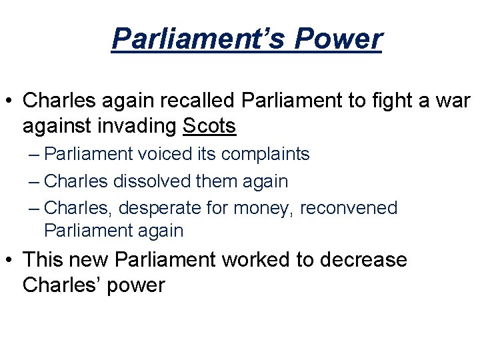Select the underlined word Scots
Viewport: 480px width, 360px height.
pos(209,125)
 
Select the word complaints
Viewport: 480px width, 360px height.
pos(266,154)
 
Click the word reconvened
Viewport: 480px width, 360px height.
pos(349,207)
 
